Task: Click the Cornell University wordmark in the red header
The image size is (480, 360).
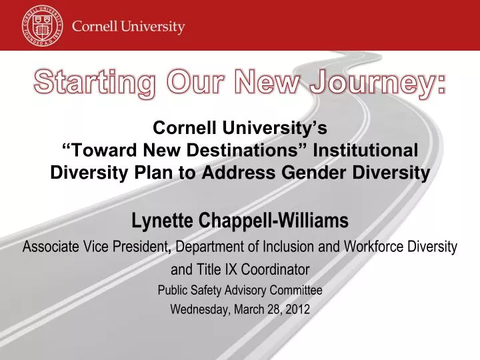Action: click(x=128, y=27)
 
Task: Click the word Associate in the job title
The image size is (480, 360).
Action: click(x=50, y=247)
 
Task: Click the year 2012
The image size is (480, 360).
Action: click(x=296, y=309)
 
